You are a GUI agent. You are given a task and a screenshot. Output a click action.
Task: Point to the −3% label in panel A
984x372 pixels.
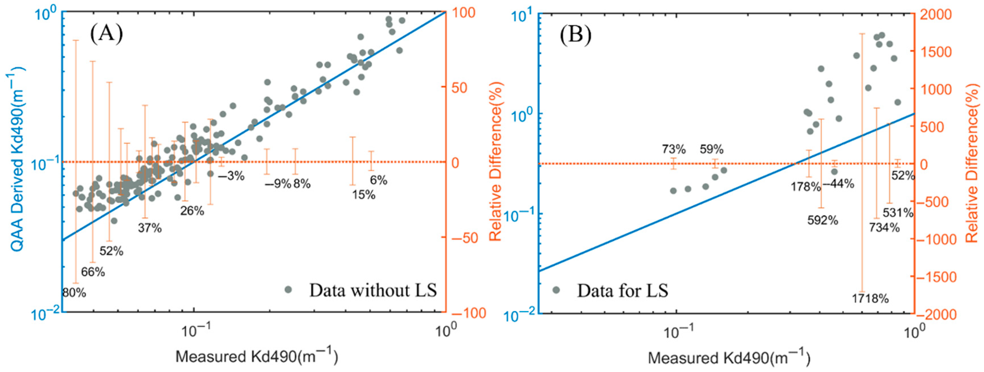pyautogui.click(x=231, y=176)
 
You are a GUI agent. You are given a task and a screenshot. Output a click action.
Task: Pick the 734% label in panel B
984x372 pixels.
pyautogui.click(x=884, y=228)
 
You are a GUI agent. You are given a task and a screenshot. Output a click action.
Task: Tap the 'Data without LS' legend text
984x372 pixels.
pyautogui.click(x=373, y=290)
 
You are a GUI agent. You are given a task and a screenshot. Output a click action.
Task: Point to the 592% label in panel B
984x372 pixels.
pyautogui.click(x=822, y=220)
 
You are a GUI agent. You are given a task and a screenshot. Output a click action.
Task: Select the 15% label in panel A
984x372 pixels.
pyautogui.click(x=364, y=195)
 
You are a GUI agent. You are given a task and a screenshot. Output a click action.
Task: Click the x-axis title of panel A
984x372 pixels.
pyautogui.click(x=257, y=357)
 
